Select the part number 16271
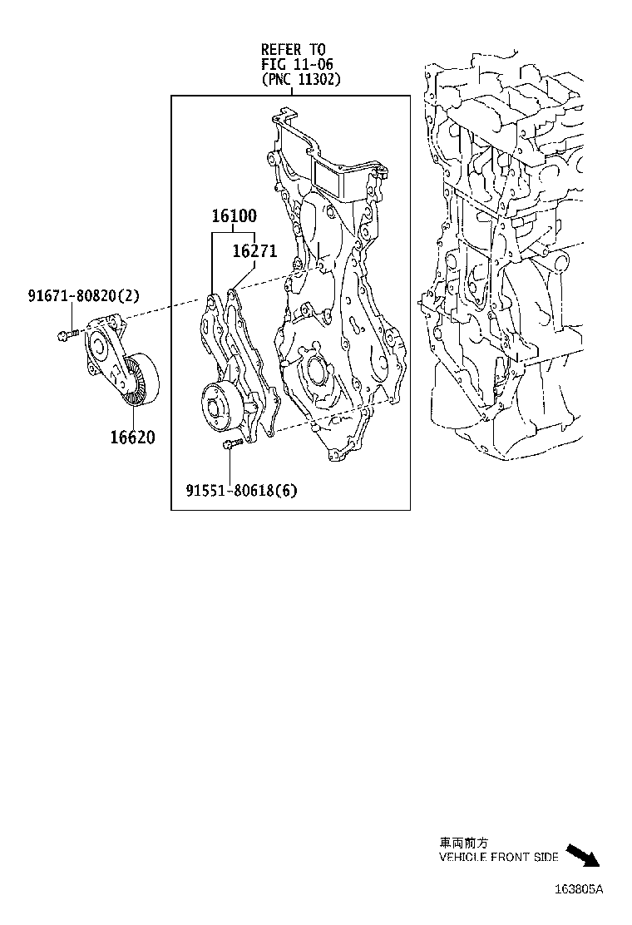(x=254, y=251)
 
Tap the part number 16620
(x=132, y=437)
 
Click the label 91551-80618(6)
(x=241, y=491)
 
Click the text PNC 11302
(x=301, y=80)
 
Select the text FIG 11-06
(x=292, y=65)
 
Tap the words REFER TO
(x=293, y=50)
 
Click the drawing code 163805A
(x=579, y=888)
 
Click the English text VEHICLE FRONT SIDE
(x=499, y=858)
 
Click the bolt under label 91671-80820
(x=67, y=334)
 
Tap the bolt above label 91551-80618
(x=231, y=446)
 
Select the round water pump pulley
(x=215, y=408)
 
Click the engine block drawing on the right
(x=507, y=250)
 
